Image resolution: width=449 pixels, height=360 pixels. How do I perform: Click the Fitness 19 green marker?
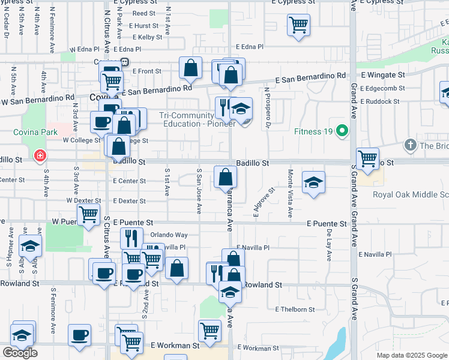(342, 131)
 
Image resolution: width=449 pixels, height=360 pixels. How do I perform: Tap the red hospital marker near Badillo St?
(40, 156)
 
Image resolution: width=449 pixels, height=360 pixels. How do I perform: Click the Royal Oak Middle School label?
(411, 194)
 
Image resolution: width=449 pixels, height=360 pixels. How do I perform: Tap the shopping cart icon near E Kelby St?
(298, 25)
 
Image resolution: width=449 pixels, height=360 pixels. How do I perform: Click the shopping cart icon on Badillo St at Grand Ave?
(367, 158)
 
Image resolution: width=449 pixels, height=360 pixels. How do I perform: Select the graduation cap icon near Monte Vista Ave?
(313, 182)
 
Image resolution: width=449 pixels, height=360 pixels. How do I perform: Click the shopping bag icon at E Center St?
(226, 177)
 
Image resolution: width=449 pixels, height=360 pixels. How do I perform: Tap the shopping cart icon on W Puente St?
(89, 214)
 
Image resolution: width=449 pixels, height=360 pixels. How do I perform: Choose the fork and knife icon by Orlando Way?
(131, 238)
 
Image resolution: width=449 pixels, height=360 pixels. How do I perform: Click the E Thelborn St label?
(295, 310)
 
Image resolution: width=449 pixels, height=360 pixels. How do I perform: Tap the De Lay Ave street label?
(330, 245)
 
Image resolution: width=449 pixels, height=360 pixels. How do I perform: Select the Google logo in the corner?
(20, 353)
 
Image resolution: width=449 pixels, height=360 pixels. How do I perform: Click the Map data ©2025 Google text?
(411, 355)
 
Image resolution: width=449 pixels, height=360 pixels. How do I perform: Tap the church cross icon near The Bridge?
(410, 145)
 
